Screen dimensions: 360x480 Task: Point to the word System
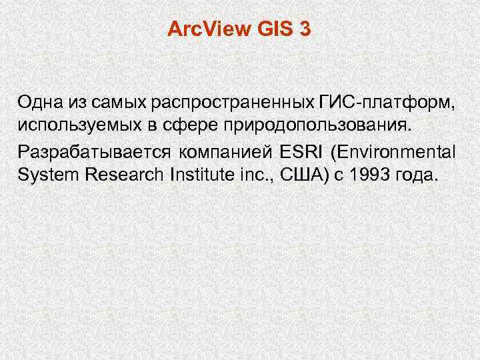[43, 175]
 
